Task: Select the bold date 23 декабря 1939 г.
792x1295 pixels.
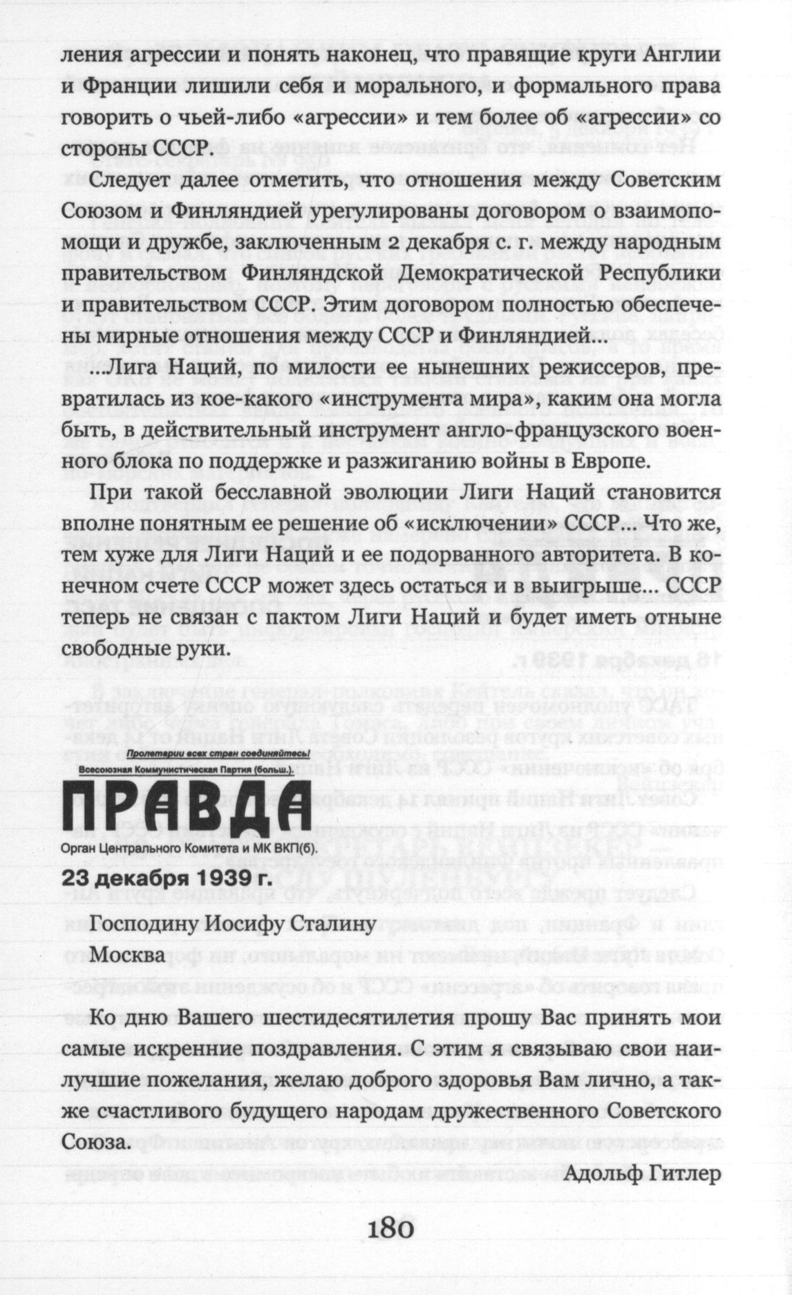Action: click(166, 877)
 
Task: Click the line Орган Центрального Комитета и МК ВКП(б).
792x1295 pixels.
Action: click(188, 848)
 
